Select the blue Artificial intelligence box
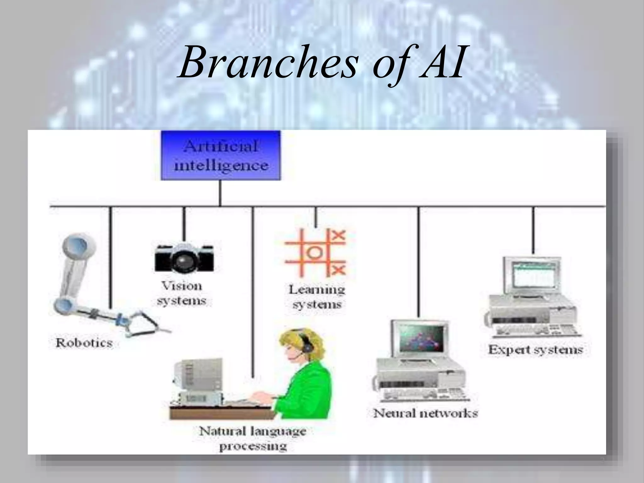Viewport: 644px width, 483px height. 220,155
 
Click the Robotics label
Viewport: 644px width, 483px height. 84,343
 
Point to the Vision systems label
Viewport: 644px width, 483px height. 182,293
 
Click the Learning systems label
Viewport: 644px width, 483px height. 317,297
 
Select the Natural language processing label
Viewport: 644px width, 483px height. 253,438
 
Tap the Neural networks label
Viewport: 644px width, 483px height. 425,413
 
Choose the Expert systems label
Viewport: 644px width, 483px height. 535,350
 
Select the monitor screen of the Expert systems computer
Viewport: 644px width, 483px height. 533,275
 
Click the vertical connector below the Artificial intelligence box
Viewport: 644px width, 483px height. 220,193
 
